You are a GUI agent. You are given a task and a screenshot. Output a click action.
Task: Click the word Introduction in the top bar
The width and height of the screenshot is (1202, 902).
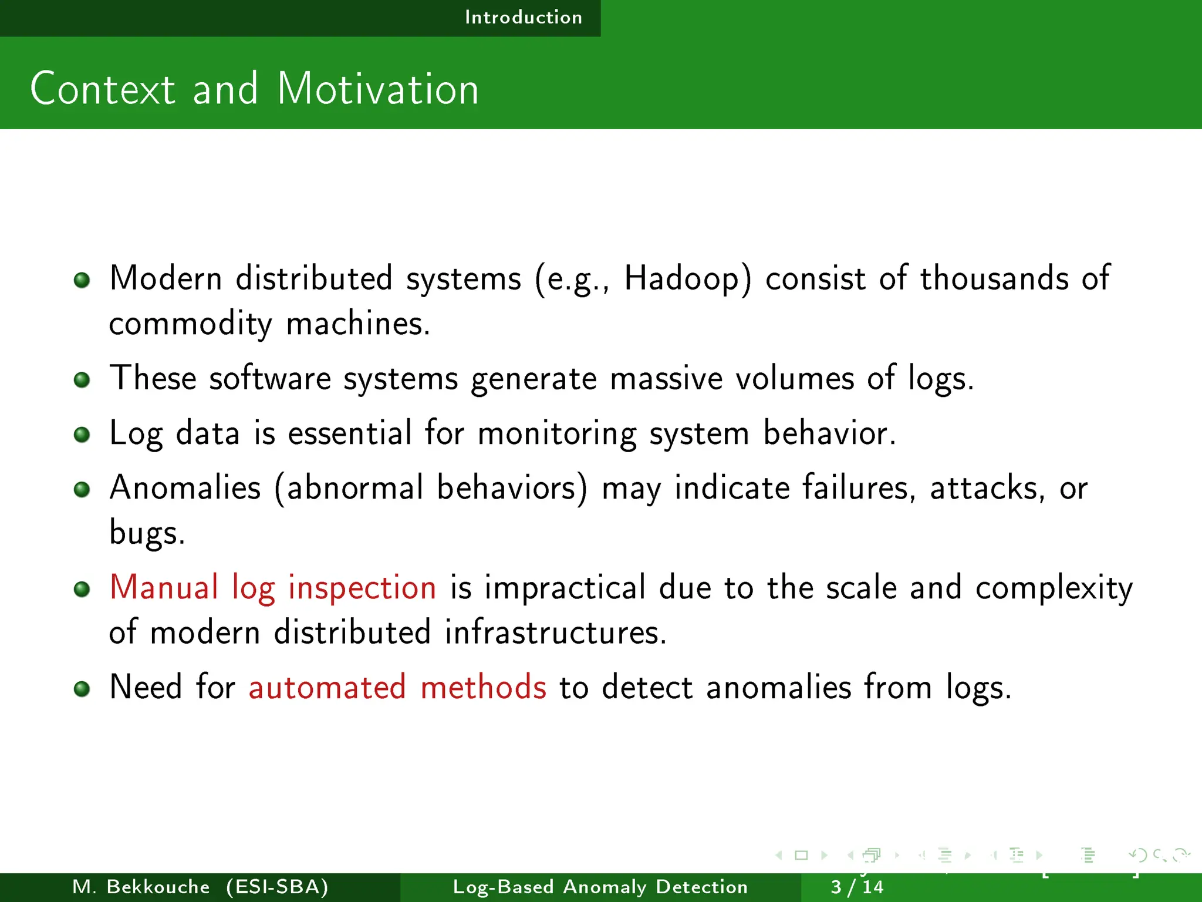[524, 18]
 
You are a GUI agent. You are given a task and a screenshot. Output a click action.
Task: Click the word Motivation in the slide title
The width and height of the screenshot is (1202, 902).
[378, 89]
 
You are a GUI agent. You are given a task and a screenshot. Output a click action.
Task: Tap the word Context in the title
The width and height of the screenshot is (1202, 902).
[103, 89]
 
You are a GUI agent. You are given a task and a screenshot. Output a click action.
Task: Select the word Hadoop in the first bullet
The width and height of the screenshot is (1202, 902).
[687, 278]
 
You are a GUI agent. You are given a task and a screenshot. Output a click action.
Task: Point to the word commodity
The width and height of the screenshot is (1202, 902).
[190, 324]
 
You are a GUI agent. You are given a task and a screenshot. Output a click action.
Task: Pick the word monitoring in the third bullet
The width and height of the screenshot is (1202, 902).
[557, 433]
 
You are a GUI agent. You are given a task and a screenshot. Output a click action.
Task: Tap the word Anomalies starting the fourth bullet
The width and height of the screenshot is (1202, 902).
[185, 488]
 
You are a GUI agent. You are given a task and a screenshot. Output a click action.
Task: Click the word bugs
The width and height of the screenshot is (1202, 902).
[147, 533]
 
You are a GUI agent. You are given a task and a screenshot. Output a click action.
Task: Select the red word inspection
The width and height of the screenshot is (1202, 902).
[362, 588]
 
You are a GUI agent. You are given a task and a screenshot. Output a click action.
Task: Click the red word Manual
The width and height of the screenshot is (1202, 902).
[164, 587]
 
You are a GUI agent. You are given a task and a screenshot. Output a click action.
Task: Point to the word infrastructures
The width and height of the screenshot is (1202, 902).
[555, 632]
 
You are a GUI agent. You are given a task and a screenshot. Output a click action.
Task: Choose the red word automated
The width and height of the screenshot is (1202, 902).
[327, 687]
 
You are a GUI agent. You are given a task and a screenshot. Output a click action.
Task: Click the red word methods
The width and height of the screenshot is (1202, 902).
[483, 687]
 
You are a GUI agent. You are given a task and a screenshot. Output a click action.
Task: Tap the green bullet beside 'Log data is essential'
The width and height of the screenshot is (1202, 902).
[82, 435]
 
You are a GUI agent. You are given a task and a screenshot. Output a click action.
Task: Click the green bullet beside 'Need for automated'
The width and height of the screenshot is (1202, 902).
[82, 688]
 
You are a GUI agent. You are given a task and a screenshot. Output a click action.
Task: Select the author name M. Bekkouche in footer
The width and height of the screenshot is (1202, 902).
[141, 887]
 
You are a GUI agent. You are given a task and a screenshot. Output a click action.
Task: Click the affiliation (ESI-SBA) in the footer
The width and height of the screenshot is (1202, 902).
[277, 887]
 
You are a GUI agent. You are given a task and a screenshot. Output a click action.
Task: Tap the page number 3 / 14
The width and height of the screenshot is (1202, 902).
[857, 887]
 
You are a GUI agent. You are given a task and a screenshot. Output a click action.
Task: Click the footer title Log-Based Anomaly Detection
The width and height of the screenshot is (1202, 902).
[600, 887]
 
